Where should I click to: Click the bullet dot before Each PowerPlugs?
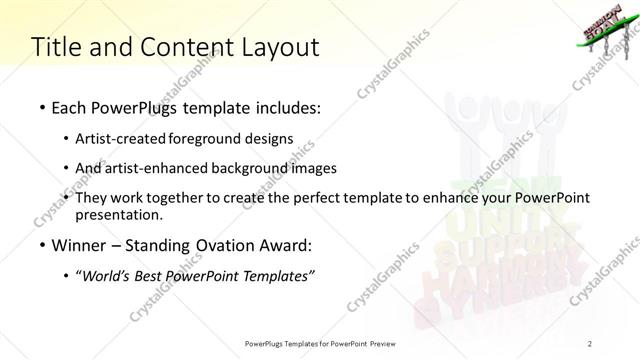click(41, 106)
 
